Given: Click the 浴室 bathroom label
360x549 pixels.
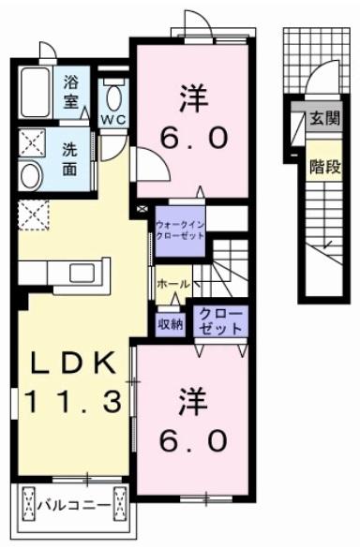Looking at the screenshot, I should (72, 90).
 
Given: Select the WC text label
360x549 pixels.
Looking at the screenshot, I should (113, 120).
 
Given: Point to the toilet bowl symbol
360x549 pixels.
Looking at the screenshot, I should (114, 96).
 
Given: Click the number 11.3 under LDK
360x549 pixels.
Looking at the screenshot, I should (71, 403).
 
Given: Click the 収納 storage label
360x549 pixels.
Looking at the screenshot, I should (171, 324).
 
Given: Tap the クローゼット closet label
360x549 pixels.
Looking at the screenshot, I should (220, 319).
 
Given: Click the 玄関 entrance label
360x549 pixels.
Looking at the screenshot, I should (324, 119).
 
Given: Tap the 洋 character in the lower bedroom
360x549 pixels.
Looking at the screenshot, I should (193, 401).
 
